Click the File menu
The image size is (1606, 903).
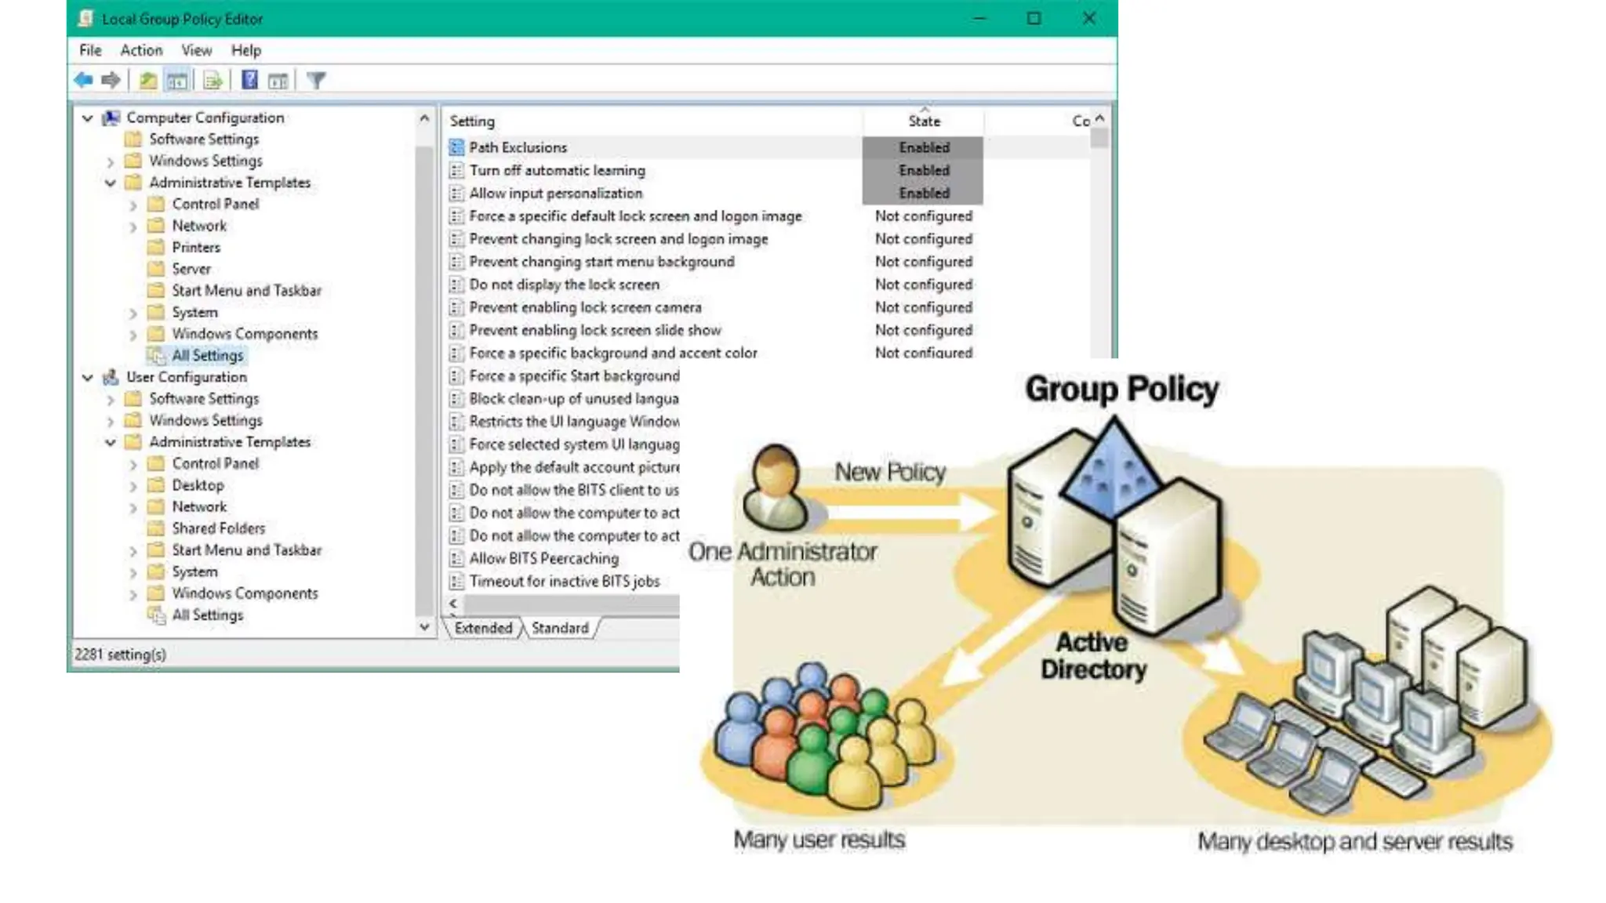[90, 50]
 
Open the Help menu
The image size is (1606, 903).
[245, 50]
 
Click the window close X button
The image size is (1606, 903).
[1088, 18]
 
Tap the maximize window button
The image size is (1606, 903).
[1034, 18]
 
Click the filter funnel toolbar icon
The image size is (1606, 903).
[316, 80]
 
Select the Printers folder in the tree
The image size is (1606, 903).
[196, 247]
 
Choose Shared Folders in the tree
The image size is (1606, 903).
[218, 528]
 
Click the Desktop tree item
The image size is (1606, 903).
[198, 485]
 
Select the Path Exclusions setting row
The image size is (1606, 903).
[518, 147]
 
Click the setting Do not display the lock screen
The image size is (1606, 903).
[564, 285]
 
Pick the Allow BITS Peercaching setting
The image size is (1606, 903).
[543, 558]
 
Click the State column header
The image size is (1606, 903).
[924, 121]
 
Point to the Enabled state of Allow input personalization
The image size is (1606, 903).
[924, 193]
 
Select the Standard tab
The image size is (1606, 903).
[559, 628]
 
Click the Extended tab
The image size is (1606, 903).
[483, 628]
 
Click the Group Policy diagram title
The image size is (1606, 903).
[1121, 390]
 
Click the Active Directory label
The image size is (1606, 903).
[1092, 655]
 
